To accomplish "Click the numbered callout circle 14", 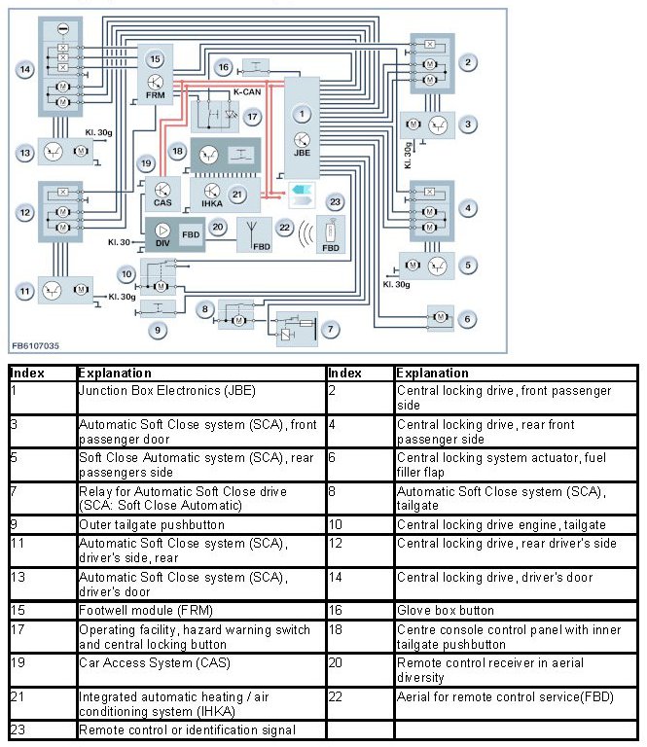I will (25, 69).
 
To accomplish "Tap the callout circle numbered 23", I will (336, 202).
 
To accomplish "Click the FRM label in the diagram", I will (156, 97).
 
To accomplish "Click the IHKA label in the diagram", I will (210, 206).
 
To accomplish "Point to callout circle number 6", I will (468, 319).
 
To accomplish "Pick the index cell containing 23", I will (16, 729).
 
